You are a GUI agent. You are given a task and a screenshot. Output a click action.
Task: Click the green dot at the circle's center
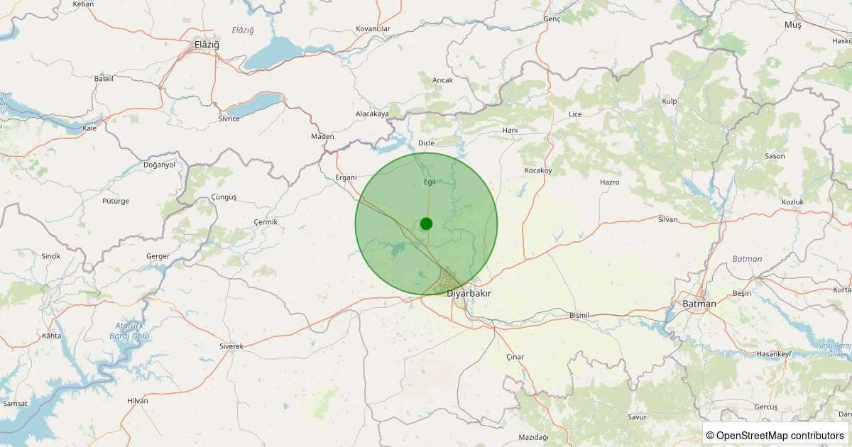point(426,223)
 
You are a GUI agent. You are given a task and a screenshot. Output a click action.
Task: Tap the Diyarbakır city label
point(469,293)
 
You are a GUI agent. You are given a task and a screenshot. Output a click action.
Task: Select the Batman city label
point(699,303)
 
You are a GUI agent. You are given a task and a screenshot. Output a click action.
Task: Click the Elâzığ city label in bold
point(207,45)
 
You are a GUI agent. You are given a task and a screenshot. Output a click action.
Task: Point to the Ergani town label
point(346,177)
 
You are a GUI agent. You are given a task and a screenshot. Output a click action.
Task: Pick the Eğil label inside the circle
point(429,182)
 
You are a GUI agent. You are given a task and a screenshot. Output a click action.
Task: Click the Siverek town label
point(231,346)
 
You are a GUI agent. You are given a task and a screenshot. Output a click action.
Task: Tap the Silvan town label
point(667,219)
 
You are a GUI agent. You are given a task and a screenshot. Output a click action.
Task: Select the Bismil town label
point(580,315)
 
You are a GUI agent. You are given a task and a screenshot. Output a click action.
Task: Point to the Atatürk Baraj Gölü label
point(129,330)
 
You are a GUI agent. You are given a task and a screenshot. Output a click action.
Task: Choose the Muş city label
point(792,25)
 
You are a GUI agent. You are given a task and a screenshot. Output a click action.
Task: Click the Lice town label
point(575,114)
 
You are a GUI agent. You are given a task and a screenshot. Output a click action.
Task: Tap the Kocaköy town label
point(538,171)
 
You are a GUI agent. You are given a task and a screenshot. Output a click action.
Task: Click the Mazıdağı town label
point(534,436)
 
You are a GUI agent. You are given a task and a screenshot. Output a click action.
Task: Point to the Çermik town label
point(266,222)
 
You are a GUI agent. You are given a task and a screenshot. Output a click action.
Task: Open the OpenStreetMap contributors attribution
point(775,435)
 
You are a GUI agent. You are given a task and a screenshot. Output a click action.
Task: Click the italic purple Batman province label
point(747,259)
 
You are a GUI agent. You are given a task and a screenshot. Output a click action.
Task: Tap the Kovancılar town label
point(373,29)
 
